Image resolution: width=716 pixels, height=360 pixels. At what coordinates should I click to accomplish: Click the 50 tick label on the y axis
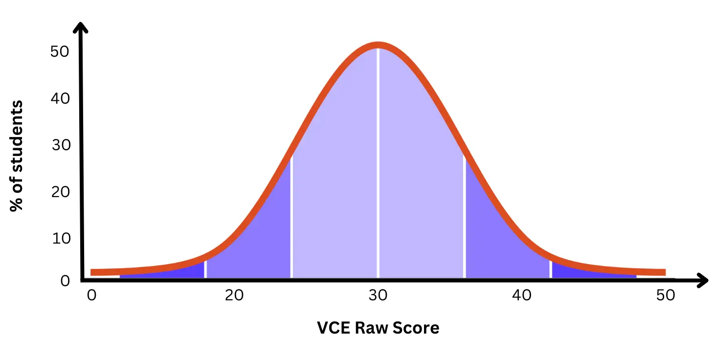click(59, 51)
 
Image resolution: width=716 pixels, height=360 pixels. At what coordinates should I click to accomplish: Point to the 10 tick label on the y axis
click(59, 238)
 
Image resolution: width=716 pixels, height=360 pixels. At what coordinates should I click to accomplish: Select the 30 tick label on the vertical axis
click(59, 145)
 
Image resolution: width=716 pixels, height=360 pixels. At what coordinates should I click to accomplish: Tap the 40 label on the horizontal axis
click(522, 295)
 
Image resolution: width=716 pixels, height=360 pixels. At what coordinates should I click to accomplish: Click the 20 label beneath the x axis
click(234, 295)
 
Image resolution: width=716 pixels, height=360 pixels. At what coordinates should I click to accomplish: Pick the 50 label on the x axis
click(666, 295)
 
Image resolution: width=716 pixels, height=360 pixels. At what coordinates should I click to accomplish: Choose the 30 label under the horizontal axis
click(378, 295)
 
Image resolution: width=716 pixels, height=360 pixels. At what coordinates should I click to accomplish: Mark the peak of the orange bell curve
click(378, 45)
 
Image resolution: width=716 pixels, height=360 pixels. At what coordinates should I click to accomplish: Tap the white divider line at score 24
click(291, 220)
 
